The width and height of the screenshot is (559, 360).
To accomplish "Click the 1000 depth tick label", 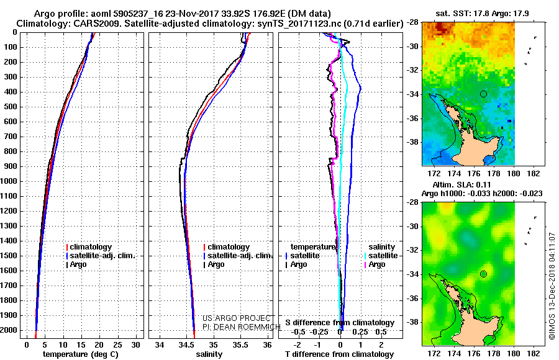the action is pos(9,181).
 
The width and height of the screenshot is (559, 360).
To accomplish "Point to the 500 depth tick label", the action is pos(11,107).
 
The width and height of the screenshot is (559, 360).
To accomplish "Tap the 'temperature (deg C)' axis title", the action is pos(80,354).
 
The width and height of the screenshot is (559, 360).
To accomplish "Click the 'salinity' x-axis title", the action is pos(209,354).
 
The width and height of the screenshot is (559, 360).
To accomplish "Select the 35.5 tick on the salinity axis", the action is pos(240,345).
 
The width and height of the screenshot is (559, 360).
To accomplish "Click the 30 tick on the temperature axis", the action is pos(135,345).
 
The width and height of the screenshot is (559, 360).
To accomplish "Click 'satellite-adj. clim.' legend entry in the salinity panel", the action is pos(238,256).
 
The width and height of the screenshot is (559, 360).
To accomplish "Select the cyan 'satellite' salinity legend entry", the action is pos(381,256).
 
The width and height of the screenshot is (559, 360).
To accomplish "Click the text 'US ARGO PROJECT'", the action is pos(237,318).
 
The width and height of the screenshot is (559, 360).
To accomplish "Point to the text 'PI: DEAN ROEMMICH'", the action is pos(242,326).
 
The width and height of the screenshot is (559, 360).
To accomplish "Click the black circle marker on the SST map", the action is pos(483,94).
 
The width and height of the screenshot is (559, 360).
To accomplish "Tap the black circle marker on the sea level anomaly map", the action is pos(483,274).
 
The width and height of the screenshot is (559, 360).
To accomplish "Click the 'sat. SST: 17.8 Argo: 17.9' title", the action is pos(482,14).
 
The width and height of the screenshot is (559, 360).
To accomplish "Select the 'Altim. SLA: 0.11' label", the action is pos(461,185).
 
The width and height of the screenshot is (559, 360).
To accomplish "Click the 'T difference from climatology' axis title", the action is pos(339,354).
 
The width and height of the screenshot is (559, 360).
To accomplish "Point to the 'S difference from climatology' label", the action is pos(340,323).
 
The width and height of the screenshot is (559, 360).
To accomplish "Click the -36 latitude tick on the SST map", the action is pos(413,119).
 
